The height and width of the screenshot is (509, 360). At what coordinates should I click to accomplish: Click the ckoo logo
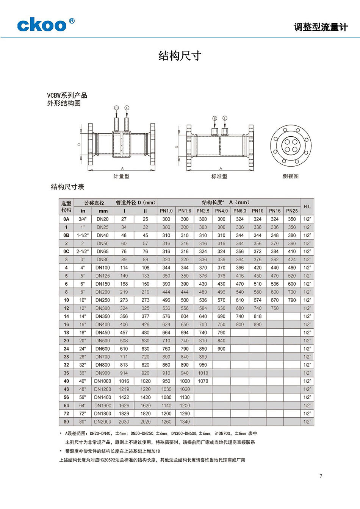tap(45, 25)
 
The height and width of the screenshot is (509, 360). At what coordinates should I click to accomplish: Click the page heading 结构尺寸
tap(180, 56)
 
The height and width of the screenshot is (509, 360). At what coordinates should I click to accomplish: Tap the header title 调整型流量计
tap(321, 27)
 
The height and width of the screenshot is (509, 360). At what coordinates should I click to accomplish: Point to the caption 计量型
tap(121, 176)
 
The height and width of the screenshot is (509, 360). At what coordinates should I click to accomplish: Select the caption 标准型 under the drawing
tap(219, 176)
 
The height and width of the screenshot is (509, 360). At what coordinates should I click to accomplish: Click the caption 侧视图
tap(291, 176)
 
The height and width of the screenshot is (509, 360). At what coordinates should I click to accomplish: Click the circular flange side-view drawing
tap(291, 146)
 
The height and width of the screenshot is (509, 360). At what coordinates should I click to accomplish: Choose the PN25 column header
tap(292, 211)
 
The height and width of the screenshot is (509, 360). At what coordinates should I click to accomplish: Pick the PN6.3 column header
tap(240, 211)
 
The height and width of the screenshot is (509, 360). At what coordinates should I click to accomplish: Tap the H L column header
tap(307, 207)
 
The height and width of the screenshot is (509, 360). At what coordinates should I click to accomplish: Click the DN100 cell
tap(103, 268)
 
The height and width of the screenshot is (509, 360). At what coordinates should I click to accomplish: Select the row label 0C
tap(66, 251)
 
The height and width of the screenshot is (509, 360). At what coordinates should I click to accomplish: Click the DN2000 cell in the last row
tap(103, 422)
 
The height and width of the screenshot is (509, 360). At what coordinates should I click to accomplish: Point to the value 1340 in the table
tap(185, 422)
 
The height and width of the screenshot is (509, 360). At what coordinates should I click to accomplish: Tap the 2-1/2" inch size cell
tap(83, 251)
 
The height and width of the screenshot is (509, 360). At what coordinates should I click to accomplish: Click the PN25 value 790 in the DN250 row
tap(292, 300)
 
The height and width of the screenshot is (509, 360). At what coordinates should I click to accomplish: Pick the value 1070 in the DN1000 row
tap(203, 381)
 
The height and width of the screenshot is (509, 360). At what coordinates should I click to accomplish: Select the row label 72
tap(66, 414)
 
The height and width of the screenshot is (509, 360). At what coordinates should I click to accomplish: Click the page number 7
tap(321, 476)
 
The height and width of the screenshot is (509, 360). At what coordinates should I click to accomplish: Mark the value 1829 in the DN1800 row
tap(124, 414)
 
